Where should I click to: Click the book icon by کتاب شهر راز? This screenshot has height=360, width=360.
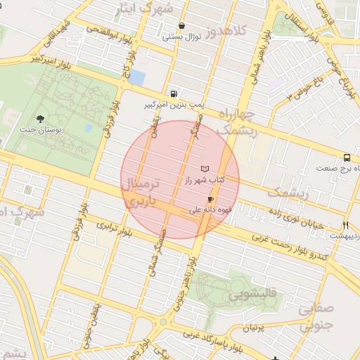pyautogui.click(x=205, y=169)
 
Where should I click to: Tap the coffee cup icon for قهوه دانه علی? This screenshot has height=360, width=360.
pyautogui.click(x=210, y=200)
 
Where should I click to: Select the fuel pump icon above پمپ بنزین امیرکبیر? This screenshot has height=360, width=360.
pyautogui.click(x=173, y=94)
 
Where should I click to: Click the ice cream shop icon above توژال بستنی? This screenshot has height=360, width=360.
pyautogui.click(x=182, y=25)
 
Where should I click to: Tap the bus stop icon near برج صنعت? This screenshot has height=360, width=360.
pyautogui.click(x=347, y=158)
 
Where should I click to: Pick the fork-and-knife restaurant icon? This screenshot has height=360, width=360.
pyautogui.click(x=345, y=225)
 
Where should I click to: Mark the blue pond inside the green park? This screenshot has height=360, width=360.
pyautogui.click(x=89, y=129)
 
